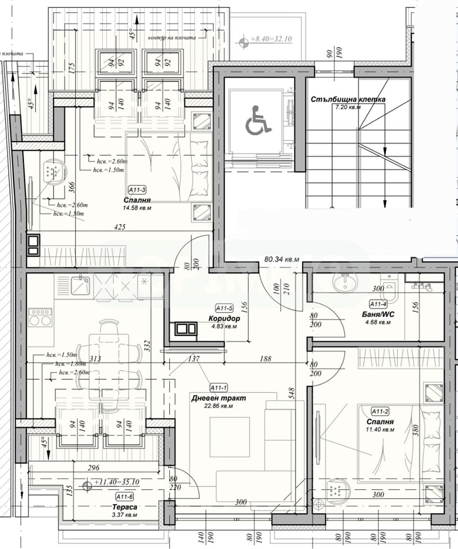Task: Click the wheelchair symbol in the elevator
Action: click(x=257, y=121)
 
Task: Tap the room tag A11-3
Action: click(x=137, y=190)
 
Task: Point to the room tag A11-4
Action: click(x=378, y=304)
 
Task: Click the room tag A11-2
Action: click(x=380, y=411)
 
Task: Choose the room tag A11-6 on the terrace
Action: click(x=124, y=496)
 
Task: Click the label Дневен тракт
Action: click(x=218, y=398)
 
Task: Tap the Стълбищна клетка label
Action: click(x=348, y=100)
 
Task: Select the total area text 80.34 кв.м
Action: click(x=281, y=259)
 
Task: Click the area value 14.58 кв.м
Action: click(x=137, y=208)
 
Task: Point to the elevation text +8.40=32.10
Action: click(x=271, y=39)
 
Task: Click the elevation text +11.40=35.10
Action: click(x=117, y=482)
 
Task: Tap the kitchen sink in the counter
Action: click(x=80, y=284)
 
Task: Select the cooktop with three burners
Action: click(x=40, y=317)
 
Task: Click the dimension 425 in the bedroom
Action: click(x=120, y=227)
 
